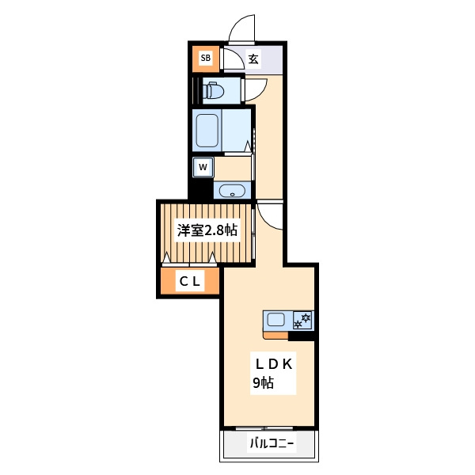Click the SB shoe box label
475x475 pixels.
[205, 58]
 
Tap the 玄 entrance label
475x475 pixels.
[253, 59]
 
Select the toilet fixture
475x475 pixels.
[213, 90]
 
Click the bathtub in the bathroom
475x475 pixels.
[207, 131]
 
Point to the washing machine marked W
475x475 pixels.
[203, 167]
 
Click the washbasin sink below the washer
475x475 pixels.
[232, 191]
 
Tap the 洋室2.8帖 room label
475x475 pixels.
[207, 230]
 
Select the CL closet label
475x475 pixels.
[190, 282]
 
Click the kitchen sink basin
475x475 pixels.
[275, 320]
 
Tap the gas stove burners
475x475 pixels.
[303, 321]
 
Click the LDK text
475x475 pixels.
[274, 364]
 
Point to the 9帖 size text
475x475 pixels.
[264, 383]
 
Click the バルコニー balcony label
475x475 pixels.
[272, 444]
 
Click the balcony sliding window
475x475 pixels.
[264, 428]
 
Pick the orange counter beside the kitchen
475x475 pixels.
[275, 336]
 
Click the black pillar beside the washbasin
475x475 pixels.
[201, 188]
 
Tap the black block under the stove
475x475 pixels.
[301, 336]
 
